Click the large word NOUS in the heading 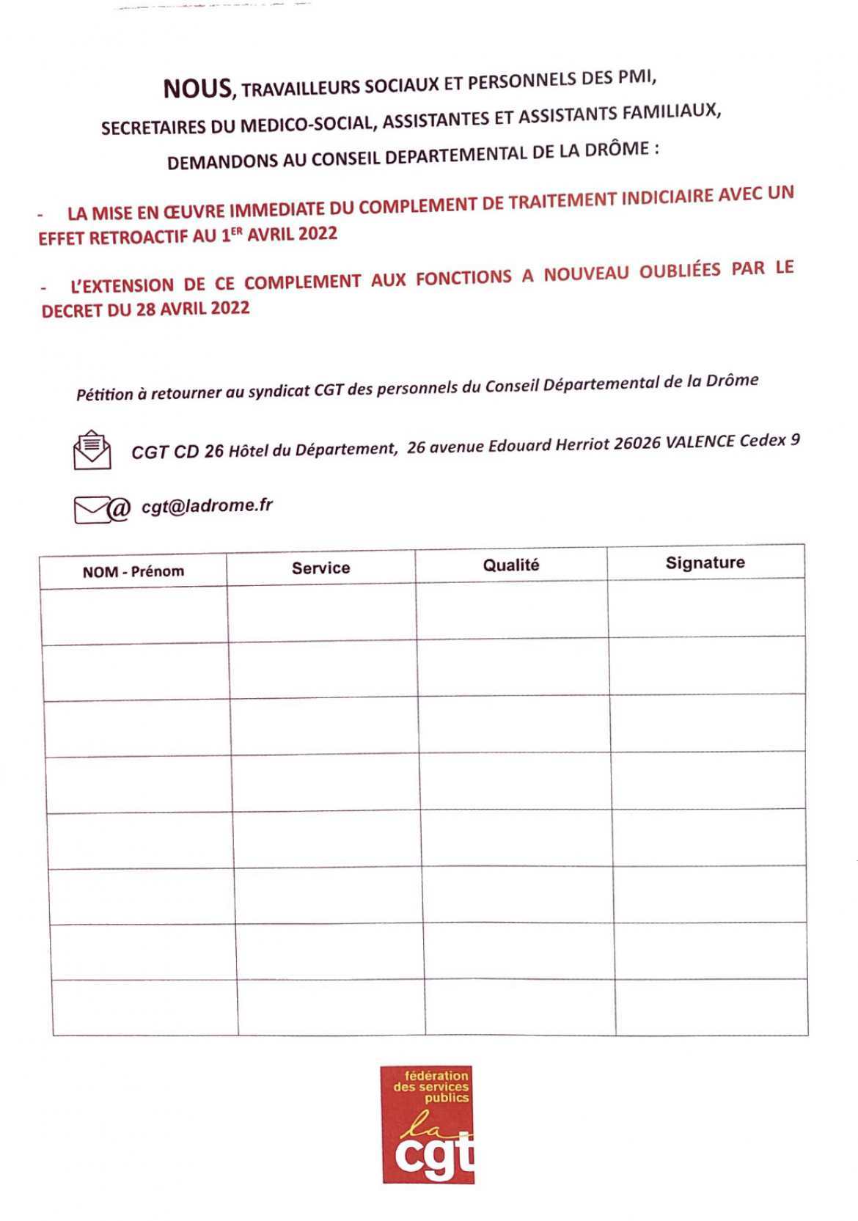point(197,89)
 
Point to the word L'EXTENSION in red point(122,285)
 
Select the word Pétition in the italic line point(104,395)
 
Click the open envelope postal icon point(92,450)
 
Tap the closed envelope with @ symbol point(101,509)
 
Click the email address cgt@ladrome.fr point(207,505)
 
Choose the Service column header point(320,568)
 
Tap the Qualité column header point(510,565)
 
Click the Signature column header point(705,562)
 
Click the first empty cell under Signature point(706,608)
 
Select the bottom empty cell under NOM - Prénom point(145,1008)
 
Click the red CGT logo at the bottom point(428,1124)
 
